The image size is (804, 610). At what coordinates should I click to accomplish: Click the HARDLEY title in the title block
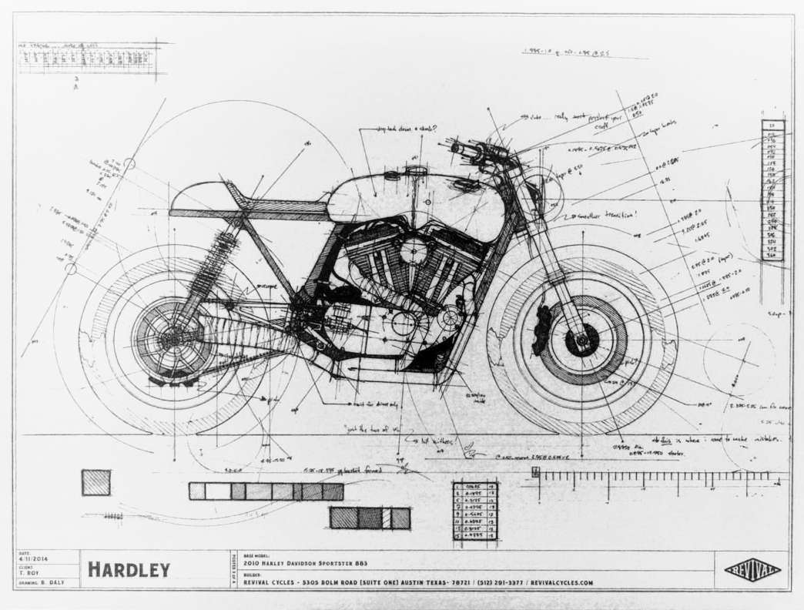coord(128,570)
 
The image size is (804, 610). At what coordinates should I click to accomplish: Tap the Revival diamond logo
coord(752,570)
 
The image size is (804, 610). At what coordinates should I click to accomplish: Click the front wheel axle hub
coord(581,337)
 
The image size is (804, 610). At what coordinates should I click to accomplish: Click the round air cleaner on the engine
coord(414,252)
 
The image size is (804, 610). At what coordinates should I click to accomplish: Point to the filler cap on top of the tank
coord(417,169)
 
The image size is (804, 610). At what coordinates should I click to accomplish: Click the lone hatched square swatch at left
coord(96,482)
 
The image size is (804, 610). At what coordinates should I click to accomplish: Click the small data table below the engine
coord(474,510)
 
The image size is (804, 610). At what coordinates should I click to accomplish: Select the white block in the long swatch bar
coord(218,491)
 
